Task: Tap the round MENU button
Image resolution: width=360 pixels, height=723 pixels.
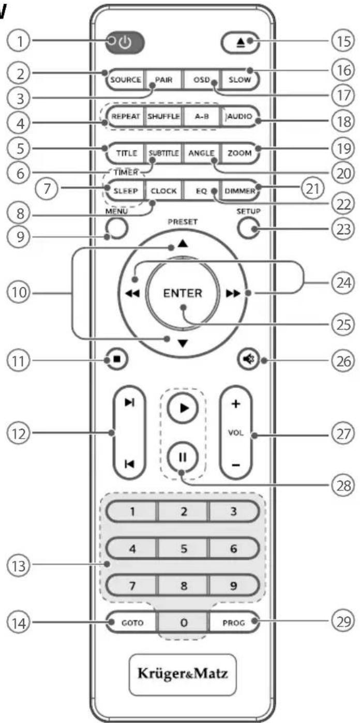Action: [114, 227]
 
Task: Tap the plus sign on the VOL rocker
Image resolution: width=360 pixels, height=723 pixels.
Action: [235, 404]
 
